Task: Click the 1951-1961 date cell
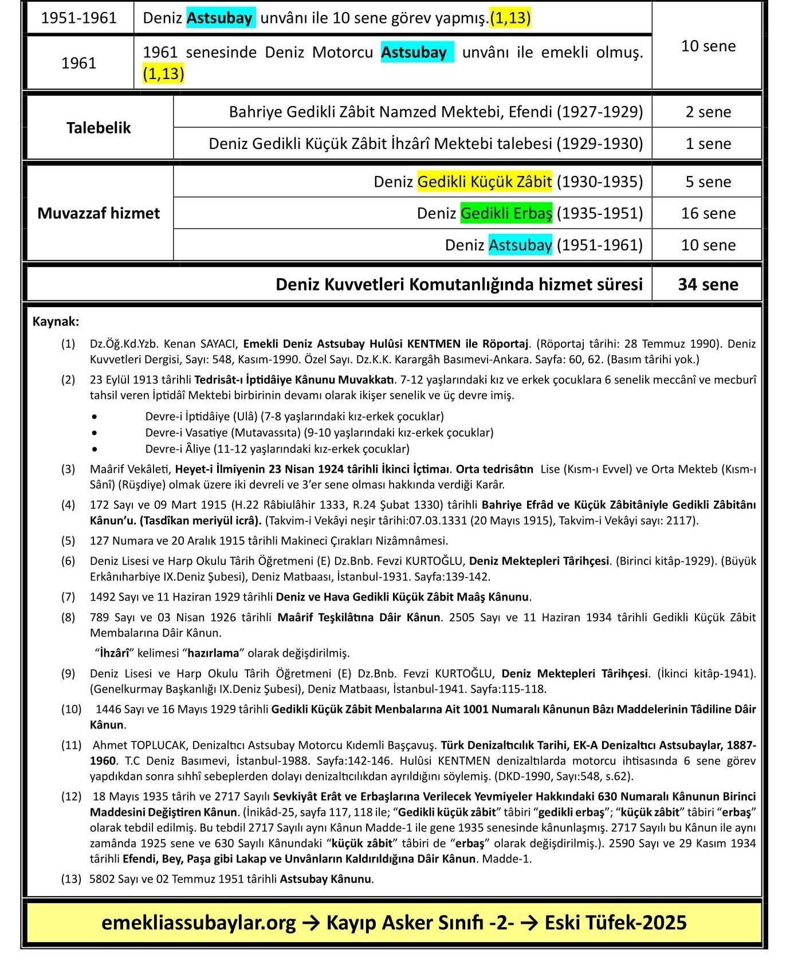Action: pyautogui.click(x=78, y=18)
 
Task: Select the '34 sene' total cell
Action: pyautogui.click(x=708, y=284)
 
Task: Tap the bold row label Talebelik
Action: pyautogui.click(x=98, y=127)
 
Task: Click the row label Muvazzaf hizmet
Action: pyautogui.click(x=98, y=213)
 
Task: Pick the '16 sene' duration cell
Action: pyautogui.click(x=708, y=213)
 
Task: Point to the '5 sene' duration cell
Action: pyautogui.click(x=708, y=182)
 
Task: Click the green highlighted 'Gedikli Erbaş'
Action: pyautogui.click(x=506, y=213)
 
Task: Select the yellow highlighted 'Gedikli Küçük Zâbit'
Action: pyautogui.click(x=485, y=182)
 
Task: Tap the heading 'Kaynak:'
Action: pyautogui.click(x=56, y=321)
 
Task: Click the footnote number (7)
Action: pyautogui.click(x=68, y=597)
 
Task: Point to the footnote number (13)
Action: pyautogui.click(x=71, y=878)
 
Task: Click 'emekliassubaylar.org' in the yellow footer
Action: pyautogui.click(x=199, y=923)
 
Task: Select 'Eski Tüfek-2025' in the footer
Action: pyautogui.click(x=615, y=923)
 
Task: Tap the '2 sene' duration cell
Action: pyautogui.click(x=708, y=112)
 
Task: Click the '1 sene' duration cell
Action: pyautogui.click(x=708, y=143)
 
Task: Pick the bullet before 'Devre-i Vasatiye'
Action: pyautogui.click(x=94, y=433)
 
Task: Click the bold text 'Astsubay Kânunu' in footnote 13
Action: pyautogui.click(x=326, y=878)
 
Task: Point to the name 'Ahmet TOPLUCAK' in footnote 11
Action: pyautogui.click(x=140, y=745)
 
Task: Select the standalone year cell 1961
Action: pyautogui.click(x=78, y=62)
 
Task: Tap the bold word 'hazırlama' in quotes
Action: pyautogui.click(x=213, y=653)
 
